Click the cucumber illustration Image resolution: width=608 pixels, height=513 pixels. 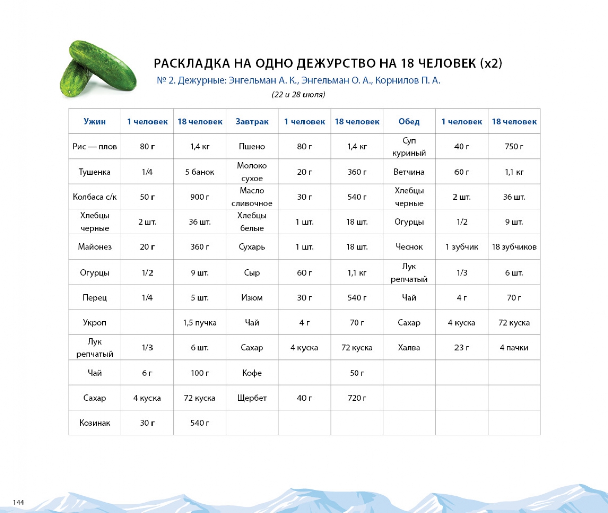tap(98, 70)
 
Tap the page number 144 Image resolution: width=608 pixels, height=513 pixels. tap(18, 502)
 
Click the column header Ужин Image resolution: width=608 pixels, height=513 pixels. tap(95, 122)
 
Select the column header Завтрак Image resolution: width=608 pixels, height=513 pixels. tap(252, 122)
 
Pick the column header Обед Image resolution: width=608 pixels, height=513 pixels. tap(409, 122)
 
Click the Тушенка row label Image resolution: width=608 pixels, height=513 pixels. tap(95, 172)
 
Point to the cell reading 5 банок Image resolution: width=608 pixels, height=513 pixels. tap(199, 172)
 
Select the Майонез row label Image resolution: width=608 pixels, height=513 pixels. tap(95, 247)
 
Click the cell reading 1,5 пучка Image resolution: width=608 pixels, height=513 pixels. tap(199, 323)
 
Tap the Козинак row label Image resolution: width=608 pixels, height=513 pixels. tap(95, 423)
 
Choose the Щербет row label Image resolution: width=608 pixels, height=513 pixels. tap(252, 398)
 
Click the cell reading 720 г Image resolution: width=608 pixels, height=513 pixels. tap(357, 398)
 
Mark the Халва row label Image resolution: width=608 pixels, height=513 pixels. tap(409, 348)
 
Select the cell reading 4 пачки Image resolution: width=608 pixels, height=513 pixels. tap(514, 348)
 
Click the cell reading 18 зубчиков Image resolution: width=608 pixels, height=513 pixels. tap(514, 247)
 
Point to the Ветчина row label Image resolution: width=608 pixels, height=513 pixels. tap(409, 172)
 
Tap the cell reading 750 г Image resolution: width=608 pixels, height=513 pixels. tap(514, 147)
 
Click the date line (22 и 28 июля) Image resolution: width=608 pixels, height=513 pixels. tap(298, 94)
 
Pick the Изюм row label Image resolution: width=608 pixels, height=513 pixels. tap(252, 298)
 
